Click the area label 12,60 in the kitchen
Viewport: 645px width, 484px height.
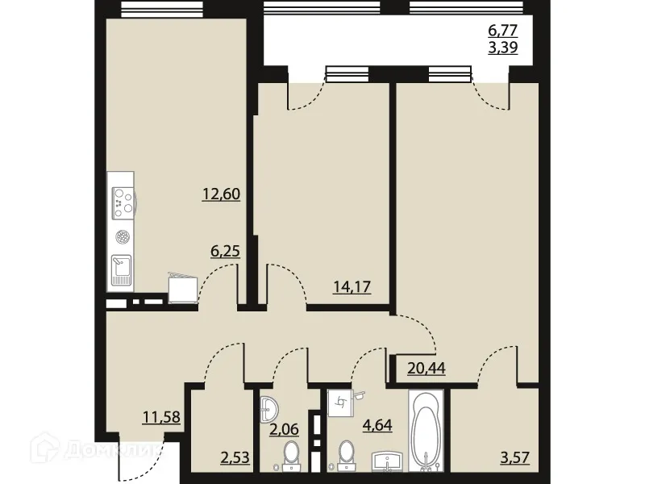coord(223,194)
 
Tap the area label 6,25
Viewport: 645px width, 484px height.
coord(226,252)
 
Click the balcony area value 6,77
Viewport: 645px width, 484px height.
coord(502,31)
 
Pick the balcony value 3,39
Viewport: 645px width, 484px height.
coord(502,48)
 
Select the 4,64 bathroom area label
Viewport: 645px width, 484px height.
coord(376,424)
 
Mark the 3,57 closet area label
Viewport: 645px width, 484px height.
coord(516,461)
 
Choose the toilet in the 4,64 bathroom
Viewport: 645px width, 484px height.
coord(347,453)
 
